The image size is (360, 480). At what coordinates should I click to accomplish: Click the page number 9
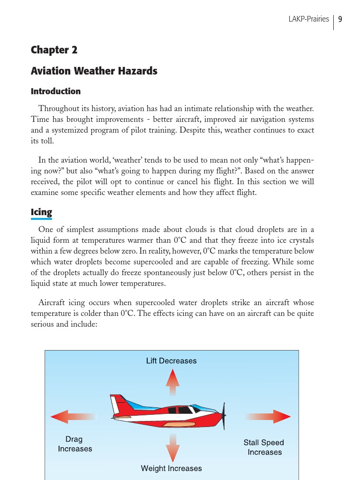tap(340, 19)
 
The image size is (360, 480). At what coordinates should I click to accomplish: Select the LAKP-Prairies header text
tap(308, 19)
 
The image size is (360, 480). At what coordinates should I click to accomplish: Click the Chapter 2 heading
tap(54, 50)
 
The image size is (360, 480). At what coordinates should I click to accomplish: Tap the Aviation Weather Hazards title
tap(94, 71)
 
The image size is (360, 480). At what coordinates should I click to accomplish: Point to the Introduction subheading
tap(55, 91)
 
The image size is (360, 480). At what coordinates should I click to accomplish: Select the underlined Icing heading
tap(41, 212)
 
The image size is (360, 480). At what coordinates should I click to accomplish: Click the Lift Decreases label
tap(171, 361)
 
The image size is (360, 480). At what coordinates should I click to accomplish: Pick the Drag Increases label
tap(75, 444)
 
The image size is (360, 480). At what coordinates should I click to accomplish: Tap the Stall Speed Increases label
tap(264, 447)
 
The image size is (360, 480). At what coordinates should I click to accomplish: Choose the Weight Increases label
tap(171, 468)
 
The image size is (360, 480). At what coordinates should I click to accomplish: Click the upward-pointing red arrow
tap(172, 382)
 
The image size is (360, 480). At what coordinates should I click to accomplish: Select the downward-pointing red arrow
tap(172, 448)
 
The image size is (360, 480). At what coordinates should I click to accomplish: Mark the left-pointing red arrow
tap(70, 416)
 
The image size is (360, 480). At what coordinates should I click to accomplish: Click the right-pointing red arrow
tap(270, 416)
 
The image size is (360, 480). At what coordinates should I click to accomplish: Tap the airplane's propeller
tap(224, 415)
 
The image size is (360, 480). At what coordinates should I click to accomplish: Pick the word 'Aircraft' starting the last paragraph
tap(52, 303)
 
